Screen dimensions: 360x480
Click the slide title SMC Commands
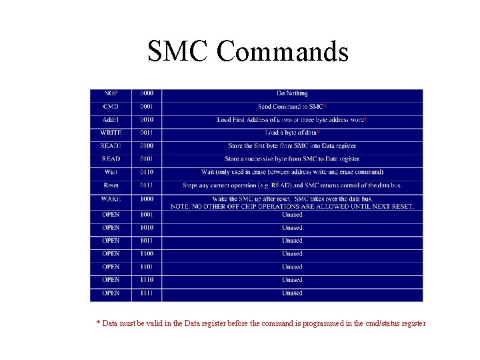coord(248,51)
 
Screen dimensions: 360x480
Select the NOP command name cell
coord(111,93)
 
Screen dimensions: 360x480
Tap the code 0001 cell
coord(147,107)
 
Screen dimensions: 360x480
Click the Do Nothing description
coord(292,93)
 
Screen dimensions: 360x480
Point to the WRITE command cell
coord(111,133)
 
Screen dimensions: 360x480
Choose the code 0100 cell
coord(147,145)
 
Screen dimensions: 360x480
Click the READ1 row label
coord(111,145)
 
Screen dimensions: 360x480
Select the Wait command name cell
coord(111,172)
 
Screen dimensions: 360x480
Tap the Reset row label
coord(111,185)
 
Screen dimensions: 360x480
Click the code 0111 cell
coord(147,185)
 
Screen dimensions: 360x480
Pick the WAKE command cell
coord(111,199)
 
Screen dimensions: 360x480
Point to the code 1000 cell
coord(147,199)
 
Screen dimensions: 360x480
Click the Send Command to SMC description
coord(292,107)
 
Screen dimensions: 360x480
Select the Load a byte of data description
coord(292,133)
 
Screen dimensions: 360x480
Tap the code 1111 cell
coord(147,293)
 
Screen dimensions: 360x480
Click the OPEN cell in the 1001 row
coord(111,215)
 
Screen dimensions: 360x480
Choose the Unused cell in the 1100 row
coord(292,253)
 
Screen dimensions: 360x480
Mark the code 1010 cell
coord(147,227)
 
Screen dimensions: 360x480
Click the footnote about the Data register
coord(261,323)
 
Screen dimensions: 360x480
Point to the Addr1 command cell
coord(111,119)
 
